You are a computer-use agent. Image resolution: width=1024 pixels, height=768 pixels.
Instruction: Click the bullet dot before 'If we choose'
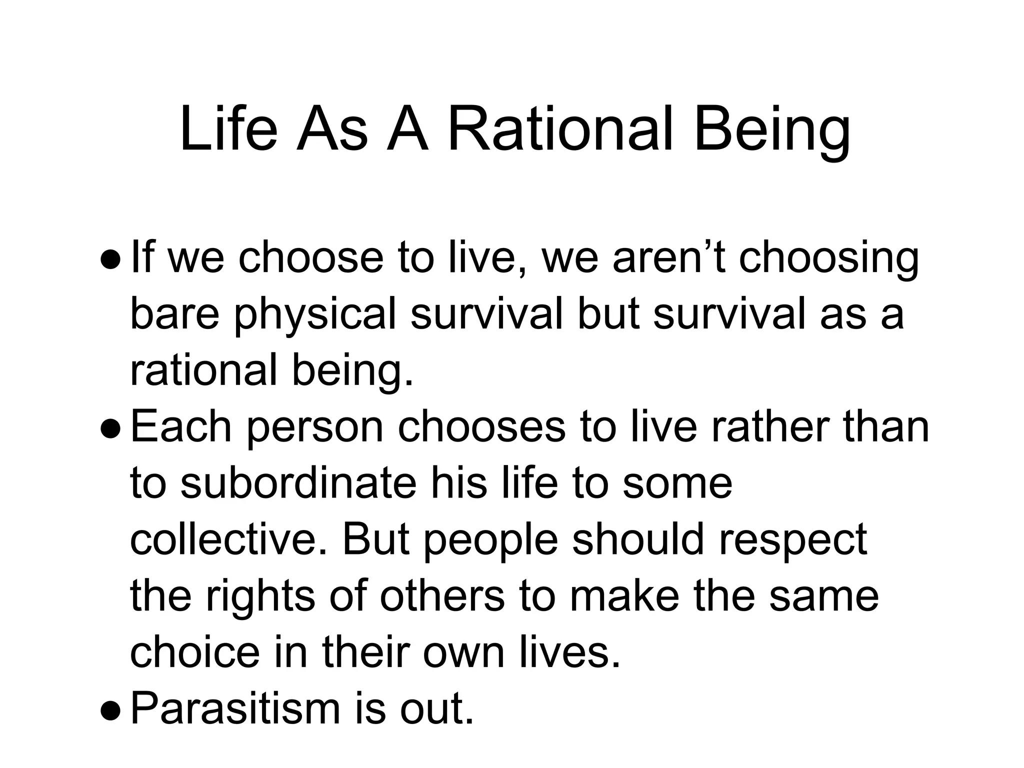click(x=110, y=260)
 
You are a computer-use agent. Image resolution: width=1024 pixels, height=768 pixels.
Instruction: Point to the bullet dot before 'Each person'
click(x=110, y=428)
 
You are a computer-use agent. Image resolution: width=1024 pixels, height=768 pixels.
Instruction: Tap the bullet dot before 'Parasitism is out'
click(x=110, y=710)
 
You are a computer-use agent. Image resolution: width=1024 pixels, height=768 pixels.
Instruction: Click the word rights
click(x=260, y=598)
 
